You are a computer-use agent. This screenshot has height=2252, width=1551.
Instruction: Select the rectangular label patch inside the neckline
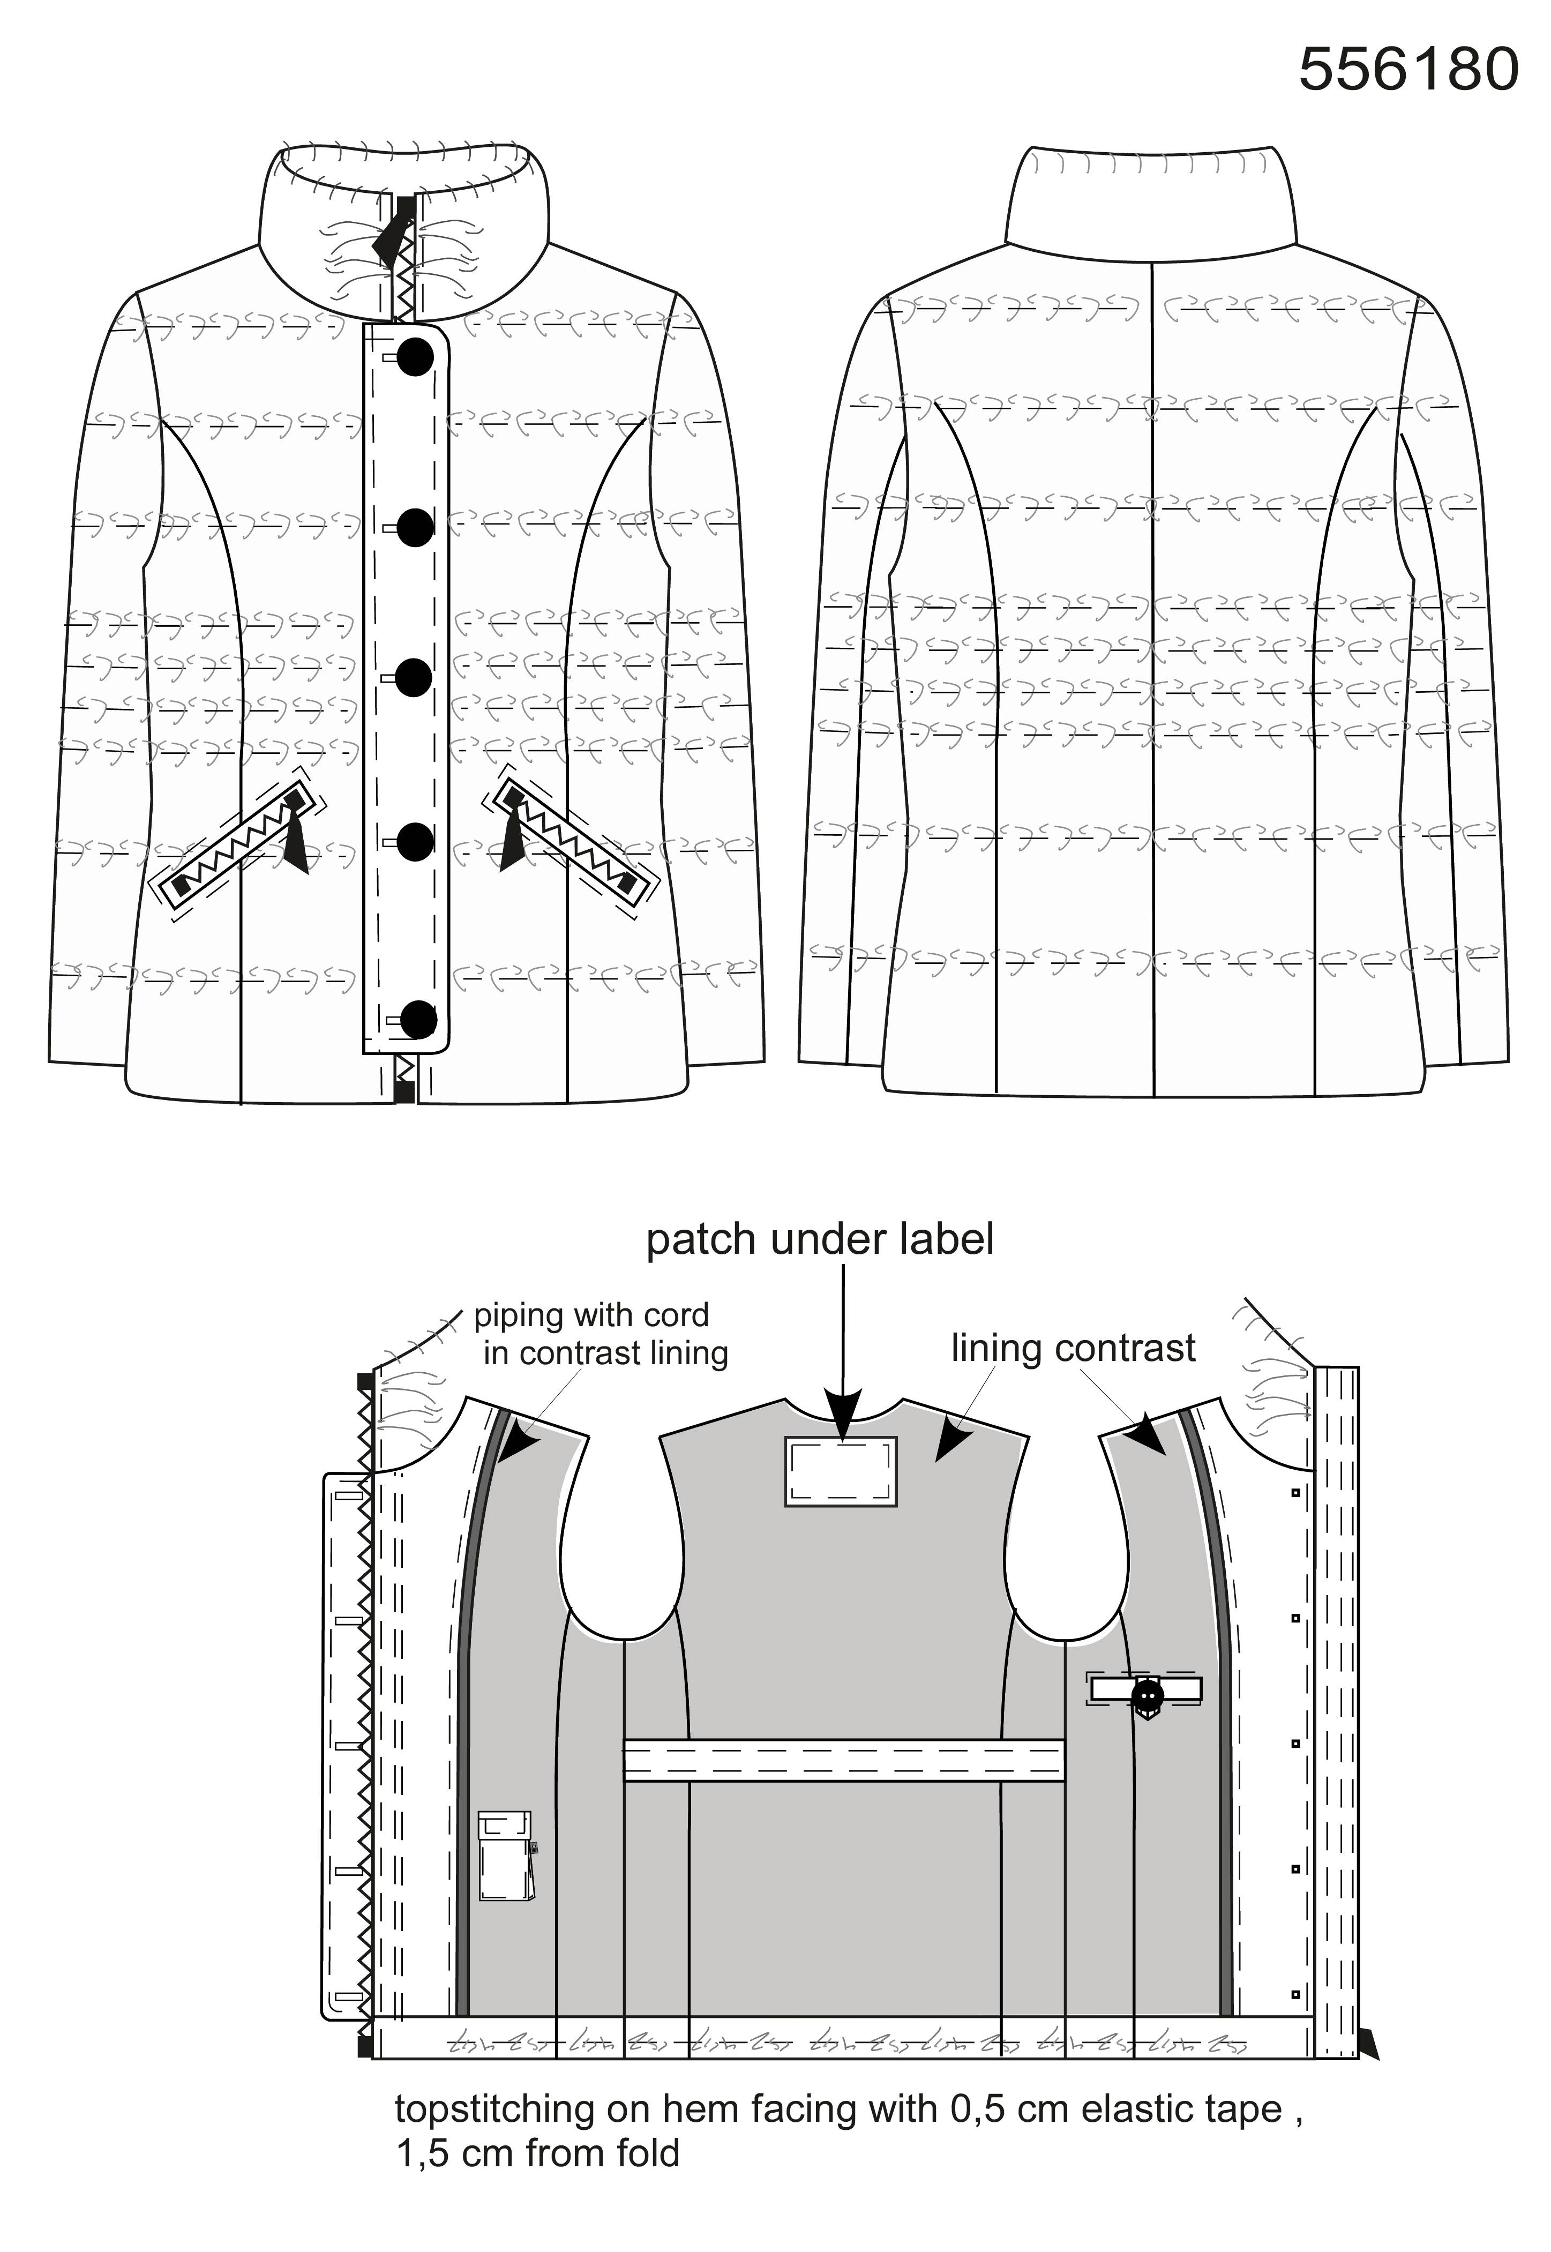point(841,1471)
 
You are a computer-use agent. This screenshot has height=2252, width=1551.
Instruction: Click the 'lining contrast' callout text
point(1073,1348)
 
